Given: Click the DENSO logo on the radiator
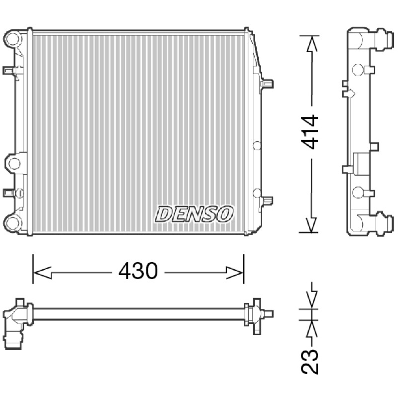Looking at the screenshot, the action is point(194,214).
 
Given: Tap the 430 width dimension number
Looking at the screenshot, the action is point(138,271).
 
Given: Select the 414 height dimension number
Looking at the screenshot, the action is point(309,131).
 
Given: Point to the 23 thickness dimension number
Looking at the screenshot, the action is point(309,362).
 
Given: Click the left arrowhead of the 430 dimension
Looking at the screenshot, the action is point(42,273).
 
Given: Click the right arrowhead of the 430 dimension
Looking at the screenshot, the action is point(235,273).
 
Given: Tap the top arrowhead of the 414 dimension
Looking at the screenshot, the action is point(312,44).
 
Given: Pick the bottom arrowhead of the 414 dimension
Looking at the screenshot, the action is point(311,225).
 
